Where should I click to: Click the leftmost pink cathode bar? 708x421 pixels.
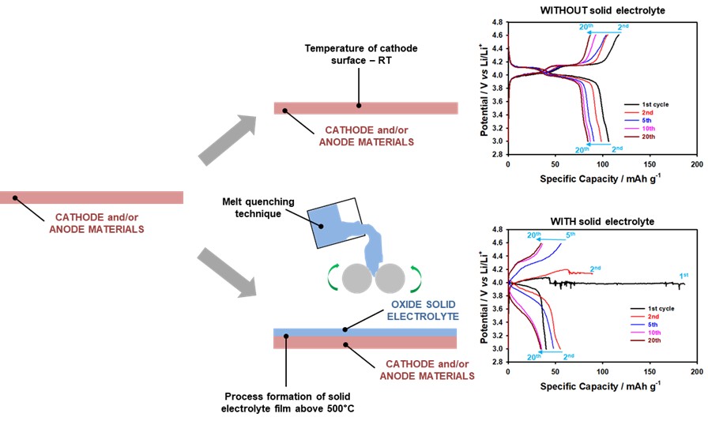[92, 197]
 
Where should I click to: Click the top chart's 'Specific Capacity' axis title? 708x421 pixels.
[601, 179]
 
